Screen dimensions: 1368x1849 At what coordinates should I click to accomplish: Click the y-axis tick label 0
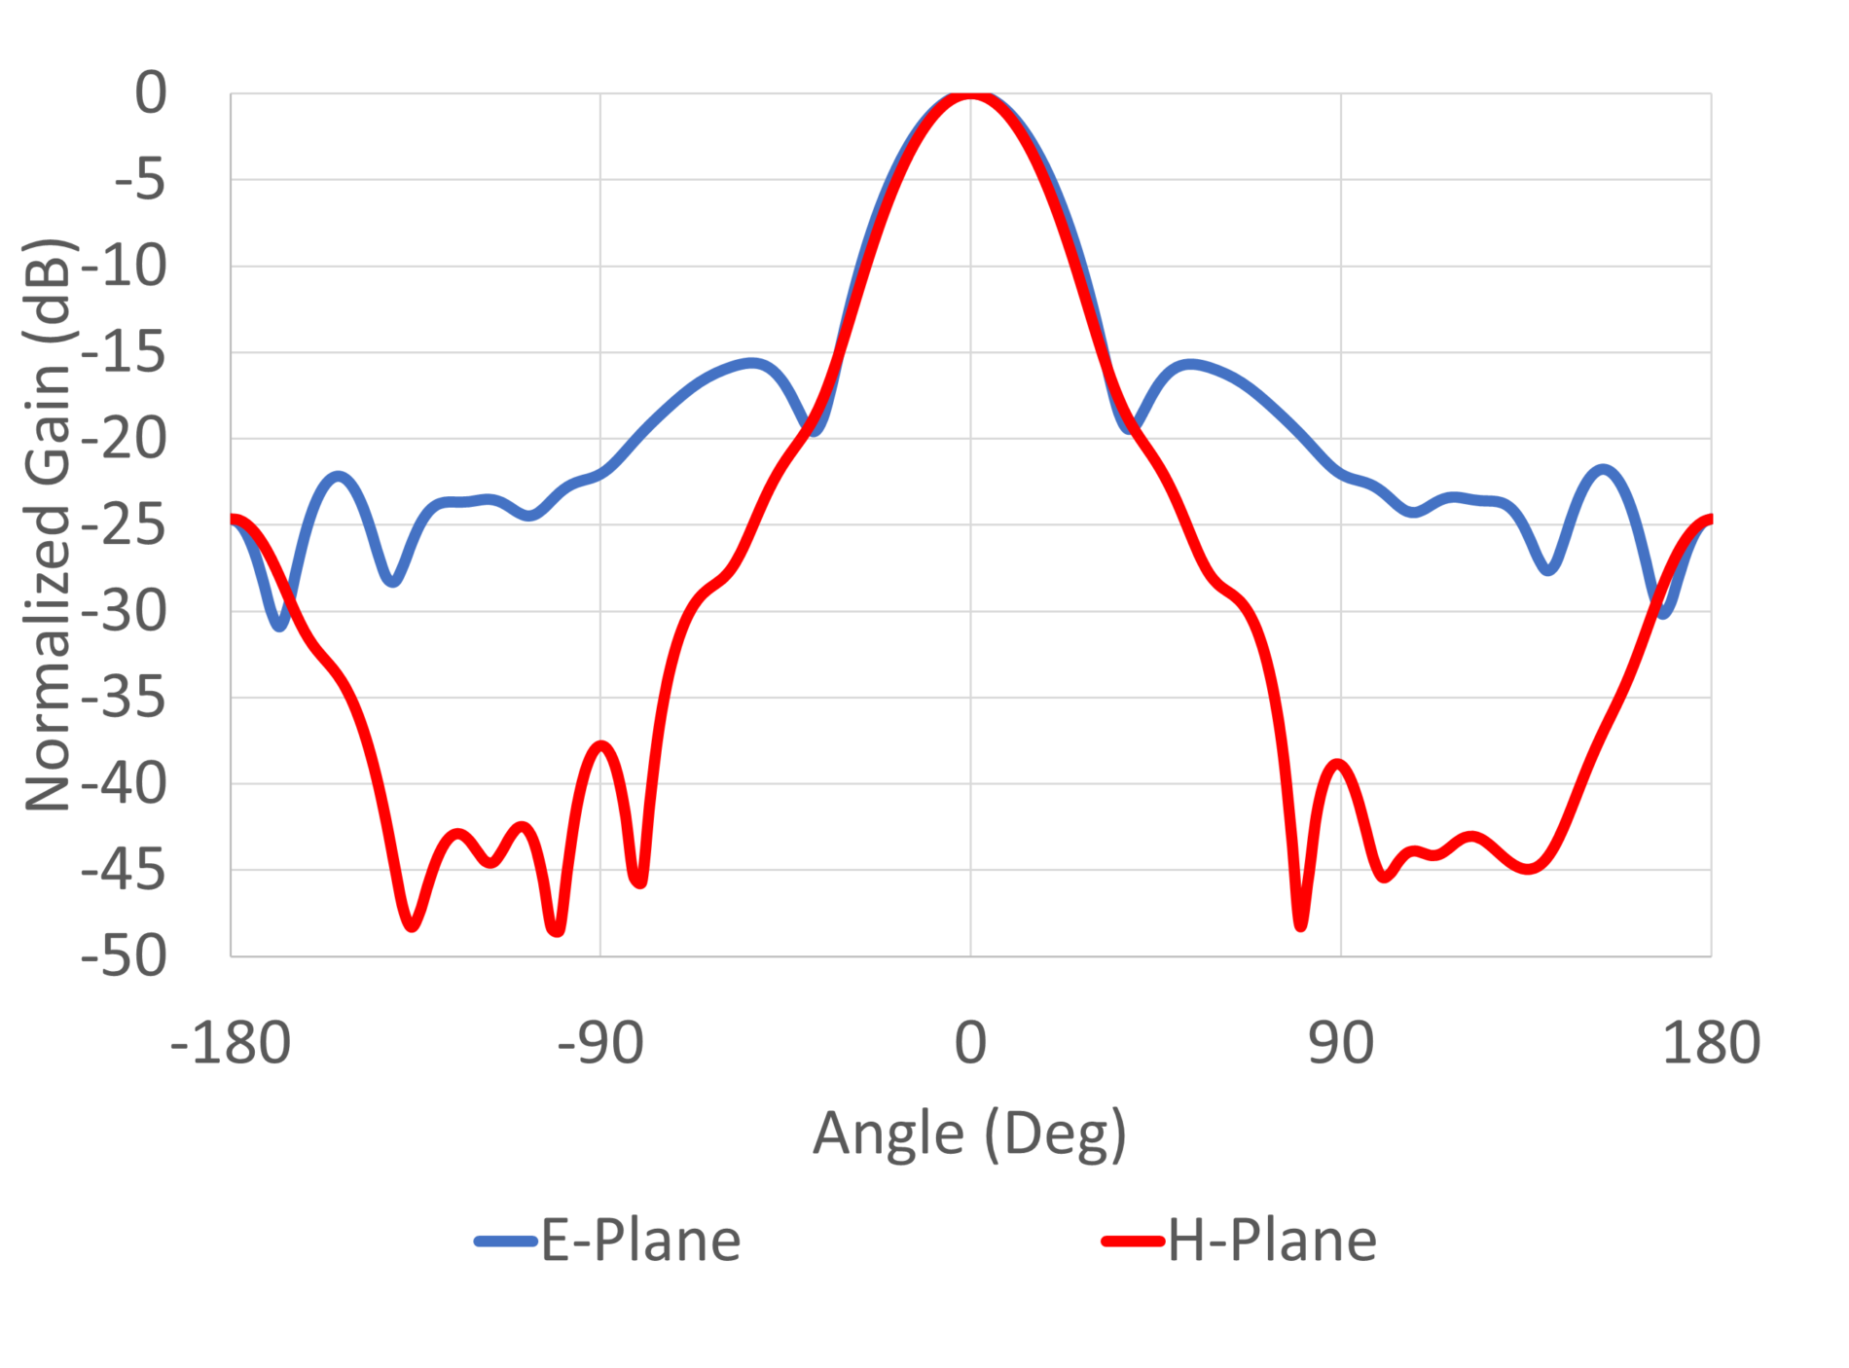click(x=151, y=94)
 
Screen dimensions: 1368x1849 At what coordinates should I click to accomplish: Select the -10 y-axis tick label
click(x=125, y=267)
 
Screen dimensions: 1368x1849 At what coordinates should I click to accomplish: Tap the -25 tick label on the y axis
click(x=125, y=525)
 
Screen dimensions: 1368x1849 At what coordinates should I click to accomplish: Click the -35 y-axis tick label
click(x=125, y=698)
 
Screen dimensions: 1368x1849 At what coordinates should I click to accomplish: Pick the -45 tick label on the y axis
click(x=125, y=870)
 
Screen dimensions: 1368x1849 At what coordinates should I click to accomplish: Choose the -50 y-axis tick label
click(x=125, y=956)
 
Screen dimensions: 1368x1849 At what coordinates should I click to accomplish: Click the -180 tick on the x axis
click(x=231, y=1043)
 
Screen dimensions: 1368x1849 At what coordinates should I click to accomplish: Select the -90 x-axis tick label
click(x=599, y=1043)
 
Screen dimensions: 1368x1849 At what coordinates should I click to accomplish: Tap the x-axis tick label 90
click(x=1340, y=1043)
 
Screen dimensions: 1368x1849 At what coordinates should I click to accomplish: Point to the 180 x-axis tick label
click(x=1710, y=1043)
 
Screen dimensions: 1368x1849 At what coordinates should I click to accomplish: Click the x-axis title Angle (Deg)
click(x=969, y=1134)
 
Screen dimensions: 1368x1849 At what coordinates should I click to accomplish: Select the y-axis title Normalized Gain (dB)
click(x=49, y=524)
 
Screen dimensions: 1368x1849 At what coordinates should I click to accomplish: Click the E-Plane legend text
click(x=640, y=1241)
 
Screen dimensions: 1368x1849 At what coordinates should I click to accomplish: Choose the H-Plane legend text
click(x=1272, y=1241)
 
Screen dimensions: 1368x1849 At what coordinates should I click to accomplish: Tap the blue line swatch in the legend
click(x=505, y=1242)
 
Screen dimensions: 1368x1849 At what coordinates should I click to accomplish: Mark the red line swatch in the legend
click(x=1133, y=1242)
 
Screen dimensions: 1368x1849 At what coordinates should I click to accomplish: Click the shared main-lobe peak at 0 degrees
click(x=970, y=95)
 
